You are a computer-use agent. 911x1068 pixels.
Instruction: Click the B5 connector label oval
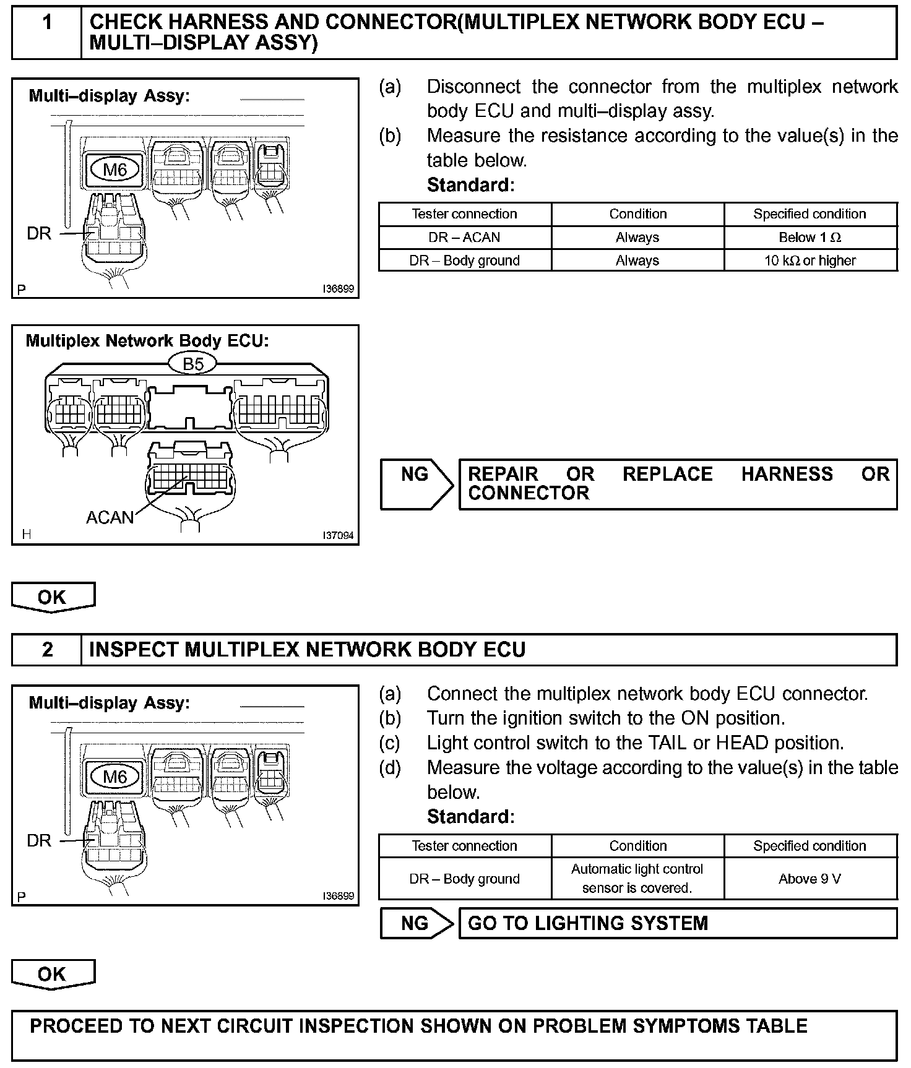coord(193,364)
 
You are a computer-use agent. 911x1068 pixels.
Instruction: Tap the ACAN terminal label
coord(110,517)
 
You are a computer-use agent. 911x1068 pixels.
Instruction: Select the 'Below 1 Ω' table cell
coord(810,238)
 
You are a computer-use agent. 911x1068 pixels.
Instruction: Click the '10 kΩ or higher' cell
coord(810,261)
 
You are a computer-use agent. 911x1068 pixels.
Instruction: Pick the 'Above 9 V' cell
coord(810,879)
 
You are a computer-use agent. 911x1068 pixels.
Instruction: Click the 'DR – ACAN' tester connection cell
coord(464,238)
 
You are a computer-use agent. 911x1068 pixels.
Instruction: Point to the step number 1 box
coord(47,32)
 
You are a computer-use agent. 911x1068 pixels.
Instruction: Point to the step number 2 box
coord(47,650)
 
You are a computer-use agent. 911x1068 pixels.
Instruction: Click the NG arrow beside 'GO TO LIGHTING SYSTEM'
coord(416,923)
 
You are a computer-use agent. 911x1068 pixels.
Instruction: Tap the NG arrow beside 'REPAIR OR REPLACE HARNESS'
coord(416,484)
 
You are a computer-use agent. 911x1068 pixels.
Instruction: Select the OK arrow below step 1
coord(53,597)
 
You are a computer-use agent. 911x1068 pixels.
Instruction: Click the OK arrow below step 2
coord(53,975)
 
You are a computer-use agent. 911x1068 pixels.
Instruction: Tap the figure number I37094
coord(338,535)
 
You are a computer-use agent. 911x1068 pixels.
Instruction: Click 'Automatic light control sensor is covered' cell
coord(637,879)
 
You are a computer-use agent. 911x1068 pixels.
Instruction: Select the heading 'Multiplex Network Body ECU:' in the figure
coord(147,341)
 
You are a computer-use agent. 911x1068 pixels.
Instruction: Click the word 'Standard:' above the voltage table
coord(470,817)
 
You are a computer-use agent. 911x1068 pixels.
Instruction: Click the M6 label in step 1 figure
coord(115,170)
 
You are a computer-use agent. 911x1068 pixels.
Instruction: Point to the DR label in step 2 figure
coord(38,840)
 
